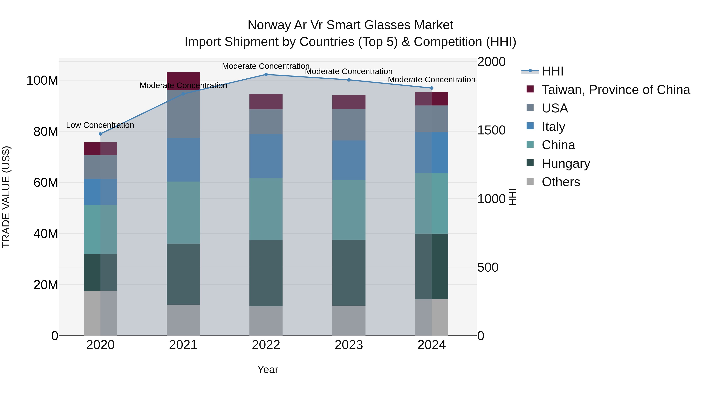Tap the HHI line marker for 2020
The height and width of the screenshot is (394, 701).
point(100,134)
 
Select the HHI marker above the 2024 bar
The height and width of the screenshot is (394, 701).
point(431,88)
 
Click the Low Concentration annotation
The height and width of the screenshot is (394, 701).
point(100,125)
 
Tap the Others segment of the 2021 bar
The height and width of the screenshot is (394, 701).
point(183,320)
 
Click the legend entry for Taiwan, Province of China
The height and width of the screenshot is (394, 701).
point(616,90)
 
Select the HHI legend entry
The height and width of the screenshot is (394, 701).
point(552,71)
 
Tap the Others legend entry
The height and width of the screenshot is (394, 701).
point(561,182)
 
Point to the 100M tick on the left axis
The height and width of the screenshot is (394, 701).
point(42,81)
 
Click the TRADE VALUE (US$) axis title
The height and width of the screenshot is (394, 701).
point(6,197)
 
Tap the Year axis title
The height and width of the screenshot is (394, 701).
point(268,369)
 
